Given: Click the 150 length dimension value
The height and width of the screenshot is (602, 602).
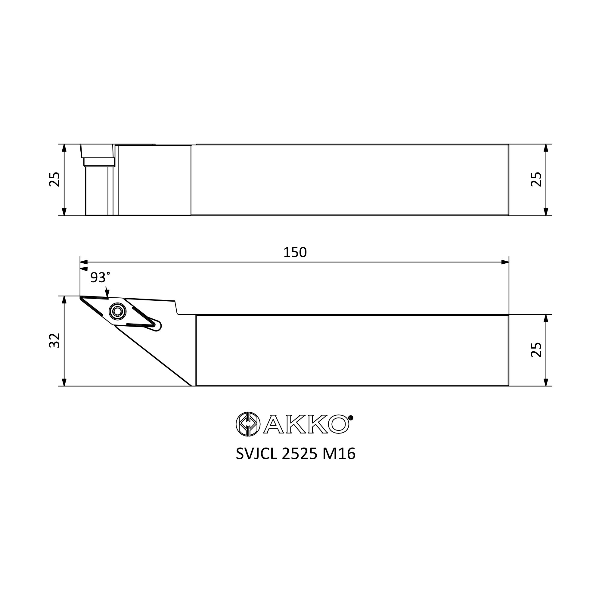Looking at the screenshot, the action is point(295,253).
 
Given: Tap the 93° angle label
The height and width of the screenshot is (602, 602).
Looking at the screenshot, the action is point(100,277).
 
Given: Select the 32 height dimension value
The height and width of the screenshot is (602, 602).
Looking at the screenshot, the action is point(55,340).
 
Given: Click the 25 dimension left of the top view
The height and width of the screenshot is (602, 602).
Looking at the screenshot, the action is point(55,179).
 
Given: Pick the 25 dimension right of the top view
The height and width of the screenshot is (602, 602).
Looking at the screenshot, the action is point(536,179).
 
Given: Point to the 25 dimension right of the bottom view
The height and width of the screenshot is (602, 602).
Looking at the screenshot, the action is point(536,349).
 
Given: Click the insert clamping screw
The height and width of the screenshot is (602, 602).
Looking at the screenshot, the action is point(117,311).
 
